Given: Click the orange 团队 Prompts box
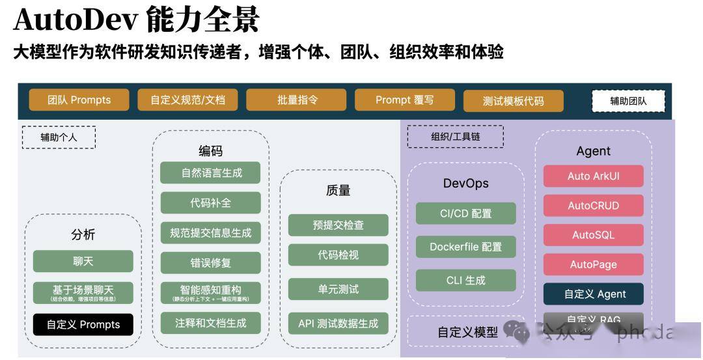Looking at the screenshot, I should tap(79, 100).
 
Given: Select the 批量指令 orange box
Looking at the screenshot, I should tap(296, 100).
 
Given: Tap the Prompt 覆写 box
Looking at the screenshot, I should tap(404, 100).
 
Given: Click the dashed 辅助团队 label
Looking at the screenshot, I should tap(628, 101).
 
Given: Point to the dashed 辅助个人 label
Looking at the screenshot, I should tap(59, 137).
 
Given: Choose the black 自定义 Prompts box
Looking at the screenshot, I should tap(83, 324).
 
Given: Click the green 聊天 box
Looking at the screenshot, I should tap(83, 261).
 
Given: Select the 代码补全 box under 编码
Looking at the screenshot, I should tap(210, 202).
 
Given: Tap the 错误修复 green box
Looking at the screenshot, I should tap(210, 263).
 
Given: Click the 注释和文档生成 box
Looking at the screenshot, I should tap(210, 322).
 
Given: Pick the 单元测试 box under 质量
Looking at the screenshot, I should tap(338, 289).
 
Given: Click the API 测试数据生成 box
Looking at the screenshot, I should tap(338, 323).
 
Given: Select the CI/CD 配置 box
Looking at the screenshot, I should tap(465, 213).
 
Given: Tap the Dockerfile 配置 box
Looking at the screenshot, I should tap(465, 247).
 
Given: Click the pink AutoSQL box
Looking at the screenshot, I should tap(593, 234).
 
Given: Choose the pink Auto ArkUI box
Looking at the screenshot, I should tap(593, 176).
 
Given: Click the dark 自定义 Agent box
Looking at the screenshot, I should tap(593, 294).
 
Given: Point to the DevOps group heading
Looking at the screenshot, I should tap(465, 183).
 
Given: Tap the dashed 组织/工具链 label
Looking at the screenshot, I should tap(455, 137).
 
